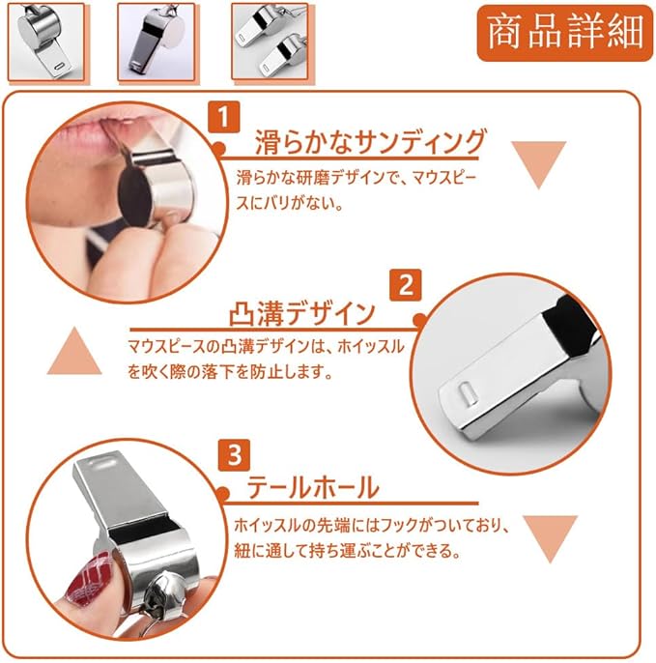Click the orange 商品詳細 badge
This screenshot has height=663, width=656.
point(565,33)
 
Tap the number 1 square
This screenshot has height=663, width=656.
point(224,117)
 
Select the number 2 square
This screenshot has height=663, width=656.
point(406,285)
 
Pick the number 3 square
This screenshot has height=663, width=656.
point(234,455)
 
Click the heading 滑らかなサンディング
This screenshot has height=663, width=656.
point(371,142)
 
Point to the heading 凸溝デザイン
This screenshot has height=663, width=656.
point(302,314)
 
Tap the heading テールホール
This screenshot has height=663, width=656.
point(313,487)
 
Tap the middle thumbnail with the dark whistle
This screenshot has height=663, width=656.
point(157,42)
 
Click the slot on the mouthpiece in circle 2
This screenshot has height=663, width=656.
point(467,392)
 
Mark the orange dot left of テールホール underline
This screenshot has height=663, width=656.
point(223,494)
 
